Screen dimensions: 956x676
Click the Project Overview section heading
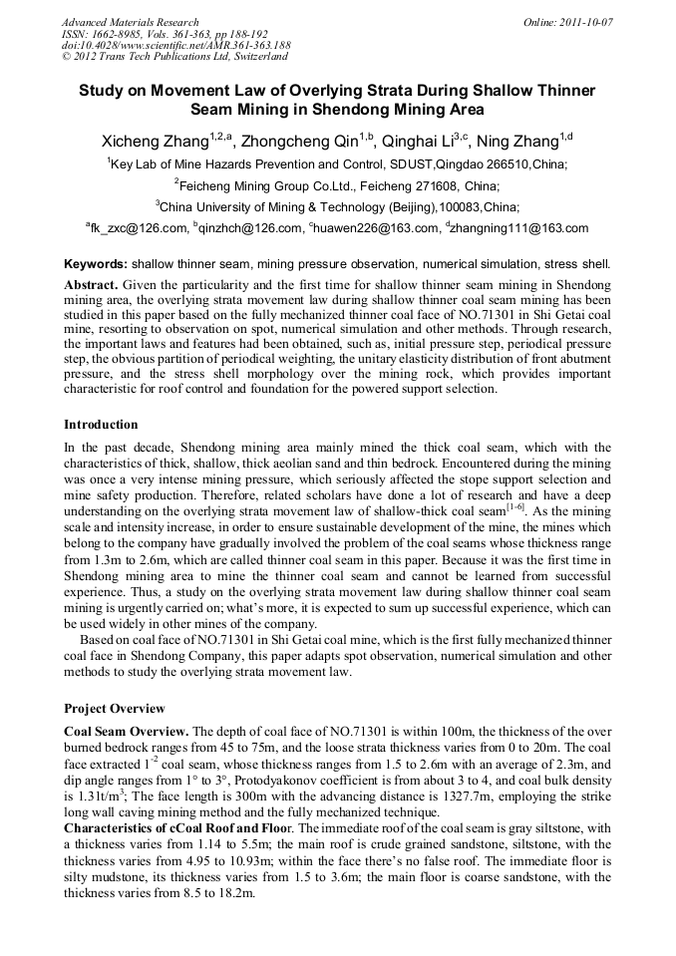115,709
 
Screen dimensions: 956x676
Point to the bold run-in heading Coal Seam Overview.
127,731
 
